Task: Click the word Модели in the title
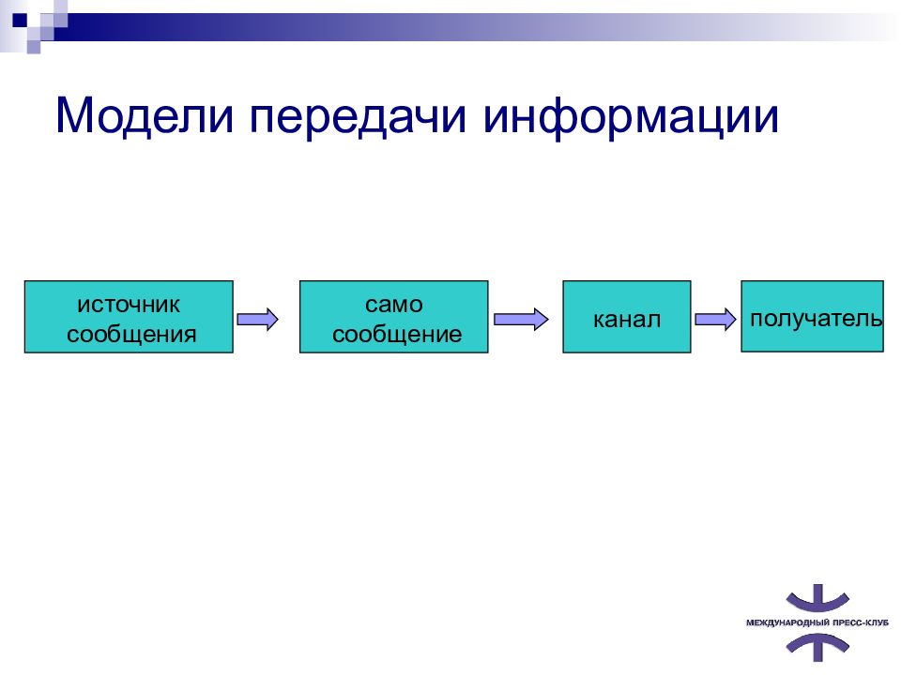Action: click(145, 116)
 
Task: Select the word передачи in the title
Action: click(358, 118)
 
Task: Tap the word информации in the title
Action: click(631, 118)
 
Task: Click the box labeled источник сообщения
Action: click(129, 316)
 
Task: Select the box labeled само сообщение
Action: click(393, 316)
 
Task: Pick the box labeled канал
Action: click(626, 316)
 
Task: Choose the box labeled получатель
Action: click(812, 316)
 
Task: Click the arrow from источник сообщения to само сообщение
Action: click(257, 319)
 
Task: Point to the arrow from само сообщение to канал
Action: click(521, 319)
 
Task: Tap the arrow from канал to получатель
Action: click(715, 319)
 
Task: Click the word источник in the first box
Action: click(129, 304)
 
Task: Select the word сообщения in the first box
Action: click(131, 334)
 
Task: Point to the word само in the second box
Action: click(394, 304)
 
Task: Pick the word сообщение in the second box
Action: click(397, 334)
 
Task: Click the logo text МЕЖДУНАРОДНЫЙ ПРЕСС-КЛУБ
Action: click(817, 622)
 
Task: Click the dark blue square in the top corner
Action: click(20, 21)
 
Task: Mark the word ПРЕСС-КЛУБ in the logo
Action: click(861, 622)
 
